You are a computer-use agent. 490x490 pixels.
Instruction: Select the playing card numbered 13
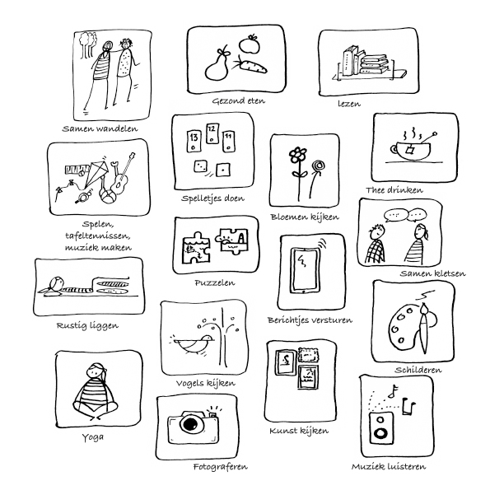194,142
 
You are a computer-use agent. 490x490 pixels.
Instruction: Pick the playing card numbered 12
212,133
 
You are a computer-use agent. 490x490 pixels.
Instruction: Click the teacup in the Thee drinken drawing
410,151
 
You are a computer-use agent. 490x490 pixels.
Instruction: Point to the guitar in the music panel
123,175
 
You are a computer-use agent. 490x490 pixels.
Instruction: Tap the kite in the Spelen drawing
95,175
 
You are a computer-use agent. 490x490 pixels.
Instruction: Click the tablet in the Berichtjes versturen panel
305,271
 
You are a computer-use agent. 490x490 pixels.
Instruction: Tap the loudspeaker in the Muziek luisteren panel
381,428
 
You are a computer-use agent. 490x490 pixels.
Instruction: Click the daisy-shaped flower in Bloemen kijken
297,156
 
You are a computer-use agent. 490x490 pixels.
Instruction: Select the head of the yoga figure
96,373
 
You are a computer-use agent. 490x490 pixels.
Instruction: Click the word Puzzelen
214,283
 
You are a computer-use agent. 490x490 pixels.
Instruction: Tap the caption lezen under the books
349,104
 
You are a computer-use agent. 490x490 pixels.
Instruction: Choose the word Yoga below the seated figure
93,437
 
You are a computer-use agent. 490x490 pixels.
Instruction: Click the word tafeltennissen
98,236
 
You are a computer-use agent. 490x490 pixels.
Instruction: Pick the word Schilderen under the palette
418,370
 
